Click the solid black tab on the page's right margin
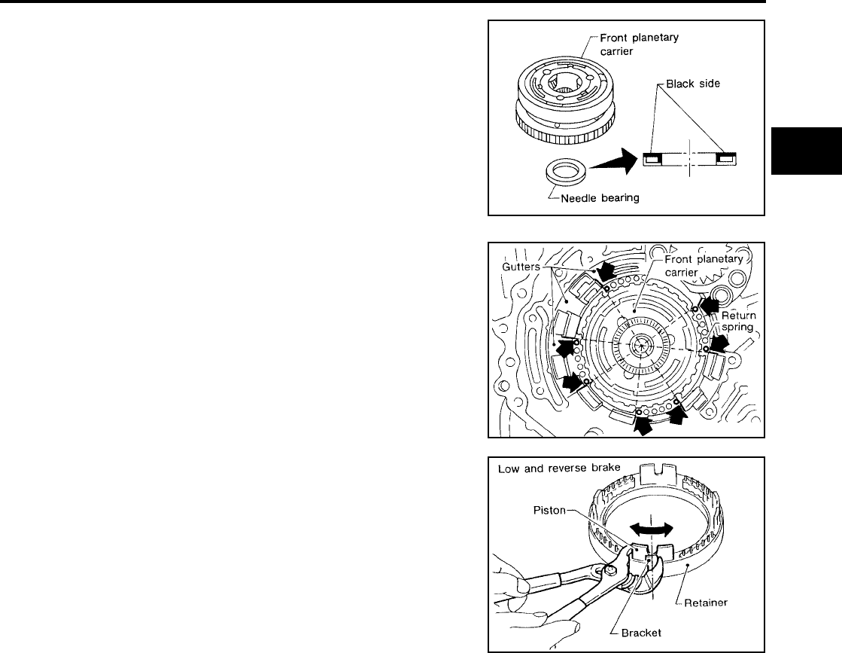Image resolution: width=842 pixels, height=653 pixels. [798, 154]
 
